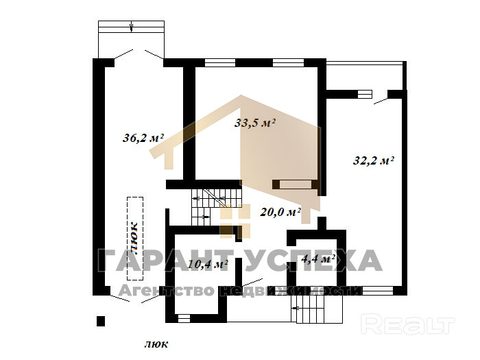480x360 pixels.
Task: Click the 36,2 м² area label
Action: pyautogui.click(x=143, y=138)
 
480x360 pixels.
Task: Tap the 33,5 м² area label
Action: pyautogui.click(x=255, y=123)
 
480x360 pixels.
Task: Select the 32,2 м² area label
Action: pyautogui.click(x=373, y=160)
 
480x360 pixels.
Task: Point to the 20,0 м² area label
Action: pyautogui.click(x=280, y=212)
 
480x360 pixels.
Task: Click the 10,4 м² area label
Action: pyautogui.click(x=208, y=264)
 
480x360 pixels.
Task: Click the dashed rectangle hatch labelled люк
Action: pyautogui.click(x=135, y=239)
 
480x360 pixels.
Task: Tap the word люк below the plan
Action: pyautogui.click(x=156, y=344)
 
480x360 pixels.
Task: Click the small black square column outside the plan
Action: pyautogui.click(x=101, y=321)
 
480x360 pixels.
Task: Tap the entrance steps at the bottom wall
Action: pyautogui.click(x=317, y=309)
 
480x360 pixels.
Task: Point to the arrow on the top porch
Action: pyautogui.click(x=132, y=26)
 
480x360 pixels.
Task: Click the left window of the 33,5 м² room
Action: pyautogui.click(x=220, y=63)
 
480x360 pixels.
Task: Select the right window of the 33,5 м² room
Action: pyautogui.click(x=288, y=63)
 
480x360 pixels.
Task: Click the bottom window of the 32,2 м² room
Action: pyautogui.click(x=378, y=290)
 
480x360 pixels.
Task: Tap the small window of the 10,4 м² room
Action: pyautogui.click(x=184, y=319)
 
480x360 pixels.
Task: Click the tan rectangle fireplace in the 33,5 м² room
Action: pyautogui.click(x=296, y=184)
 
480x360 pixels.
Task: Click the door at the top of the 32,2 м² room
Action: pyautogui.click(x=381, y=101)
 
